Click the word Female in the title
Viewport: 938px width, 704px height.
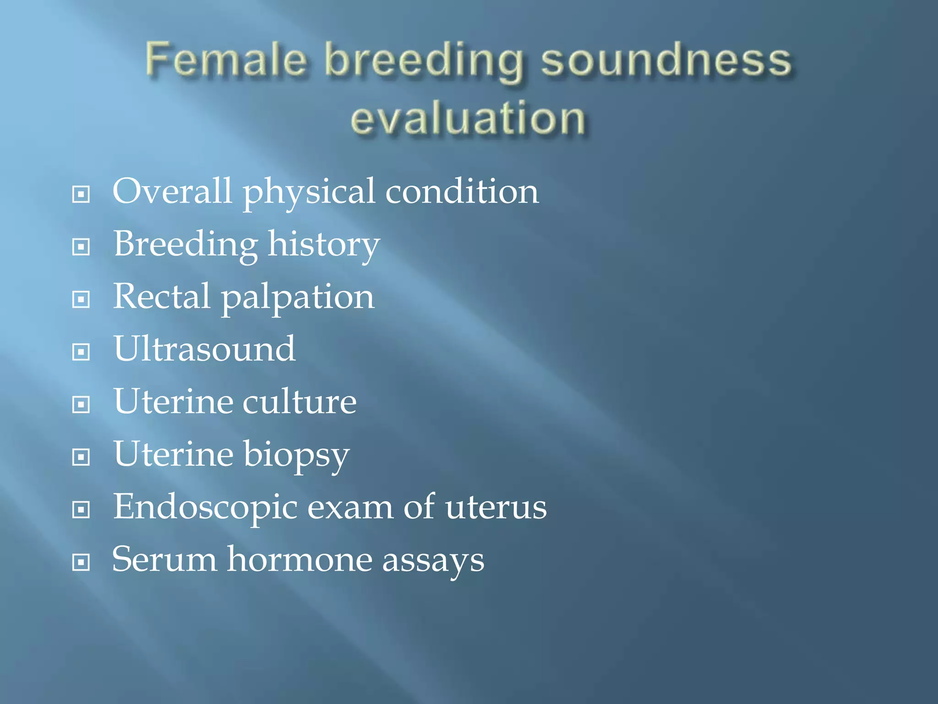[x=225, y=60]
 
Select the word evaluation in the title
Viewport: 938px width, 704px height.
[x=468, y=118]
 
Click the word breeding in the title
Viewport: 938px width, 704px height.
[x=424, y=62]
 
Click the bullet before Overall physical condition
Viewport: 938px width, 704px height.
[x=81, y=194]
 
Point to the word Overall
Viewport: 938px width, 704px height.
[x=172, y=191]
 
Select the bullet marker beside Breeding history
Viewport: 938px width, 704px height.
[x=81, y=247]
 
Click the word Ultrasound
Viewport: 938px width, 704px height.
[x=204, y=349]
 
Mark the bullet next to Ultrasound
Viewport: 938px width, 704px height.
[x=81, y=352]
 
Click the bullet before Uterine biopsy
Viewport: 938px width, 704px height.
[x=81, y=457]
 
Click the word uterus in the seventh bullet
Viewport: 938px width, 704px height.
[x=496, y=508]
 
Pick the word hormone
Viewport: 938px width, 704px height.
[x=300, y=560]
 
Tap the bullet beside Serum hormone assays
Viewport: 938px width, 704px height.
[x=81, y=562]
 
